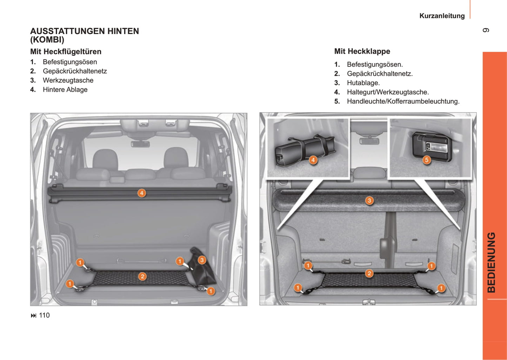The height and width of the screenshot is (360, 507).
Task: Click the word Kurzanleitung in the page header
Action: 442,16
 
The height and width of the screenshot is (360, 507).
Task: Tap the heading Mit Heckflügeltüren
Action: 66,52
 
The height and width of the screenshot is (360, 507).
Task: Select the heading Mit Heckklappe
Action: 362,51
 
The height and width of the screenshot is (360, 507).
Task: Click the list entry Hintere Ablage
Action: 65,90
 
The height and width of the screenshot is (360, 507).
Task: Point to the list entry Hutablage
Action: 363,83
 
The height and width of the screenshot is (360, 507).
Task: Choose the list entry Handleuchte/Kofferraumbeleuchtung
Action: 403,101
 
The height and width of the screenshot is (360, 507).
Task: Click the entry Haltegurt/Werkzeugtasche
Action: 388,92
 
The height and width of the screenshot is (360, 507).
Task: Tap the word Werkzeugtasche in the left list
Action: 68,80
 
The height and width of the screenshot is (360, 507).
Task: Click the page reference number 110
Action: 44,315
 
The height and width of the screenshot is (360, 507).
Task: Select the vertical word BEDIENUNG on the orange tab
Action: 491,262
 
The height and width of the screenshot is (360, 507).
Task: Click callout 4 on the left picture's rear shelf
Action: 142,193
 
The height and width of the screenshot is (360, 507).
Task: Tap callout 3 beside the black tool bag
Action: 202,260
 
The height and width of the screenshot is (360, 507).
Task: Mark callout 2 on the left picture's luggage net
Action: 142,276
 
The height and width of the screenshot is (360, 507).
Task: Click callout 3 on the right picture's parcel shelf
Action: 369,200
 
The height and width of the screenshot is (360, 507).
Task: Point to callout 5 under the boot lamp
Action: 427,160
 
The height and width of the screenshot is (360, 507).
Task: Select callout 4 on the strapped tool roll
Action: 313,160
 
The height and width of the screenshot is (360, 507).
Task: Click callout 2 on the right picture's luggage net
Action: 369,273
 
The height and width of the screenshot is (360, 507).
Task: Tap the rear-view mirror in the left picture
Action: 140,144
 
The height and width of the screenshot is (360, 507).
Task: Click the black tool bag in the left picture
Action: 202,267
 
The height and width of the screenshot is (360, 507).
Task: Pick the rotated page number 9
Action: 486,30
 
